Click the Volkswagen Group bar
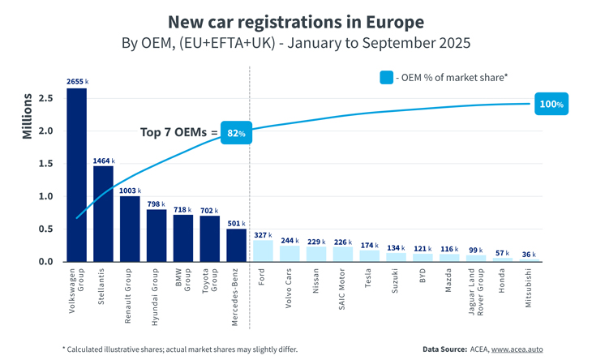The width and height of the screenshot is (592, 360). (x=77, y=174)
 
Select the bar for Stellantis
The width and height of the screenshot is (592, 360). (x=104, y=213)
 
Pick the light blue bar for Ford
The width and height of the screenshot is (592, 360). (x=263, y=251)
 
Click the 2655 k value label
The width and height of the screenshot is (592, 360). (x=77, y=82)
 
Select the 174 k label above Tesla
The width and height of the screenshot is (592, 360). (x=369, y=244)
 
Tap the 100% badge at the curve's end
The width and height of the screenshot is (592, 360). (x=551, y=104)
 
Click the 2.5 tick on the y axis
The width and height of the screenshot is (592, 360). (x=46, y=98)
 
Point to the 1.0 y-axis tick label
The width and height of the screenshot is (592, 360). (x=46, y=196)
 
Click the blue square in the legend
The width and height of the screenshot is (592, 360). (x=386, y=77)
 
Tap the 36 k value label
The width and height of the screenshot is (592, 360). (x=528, y=254)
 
